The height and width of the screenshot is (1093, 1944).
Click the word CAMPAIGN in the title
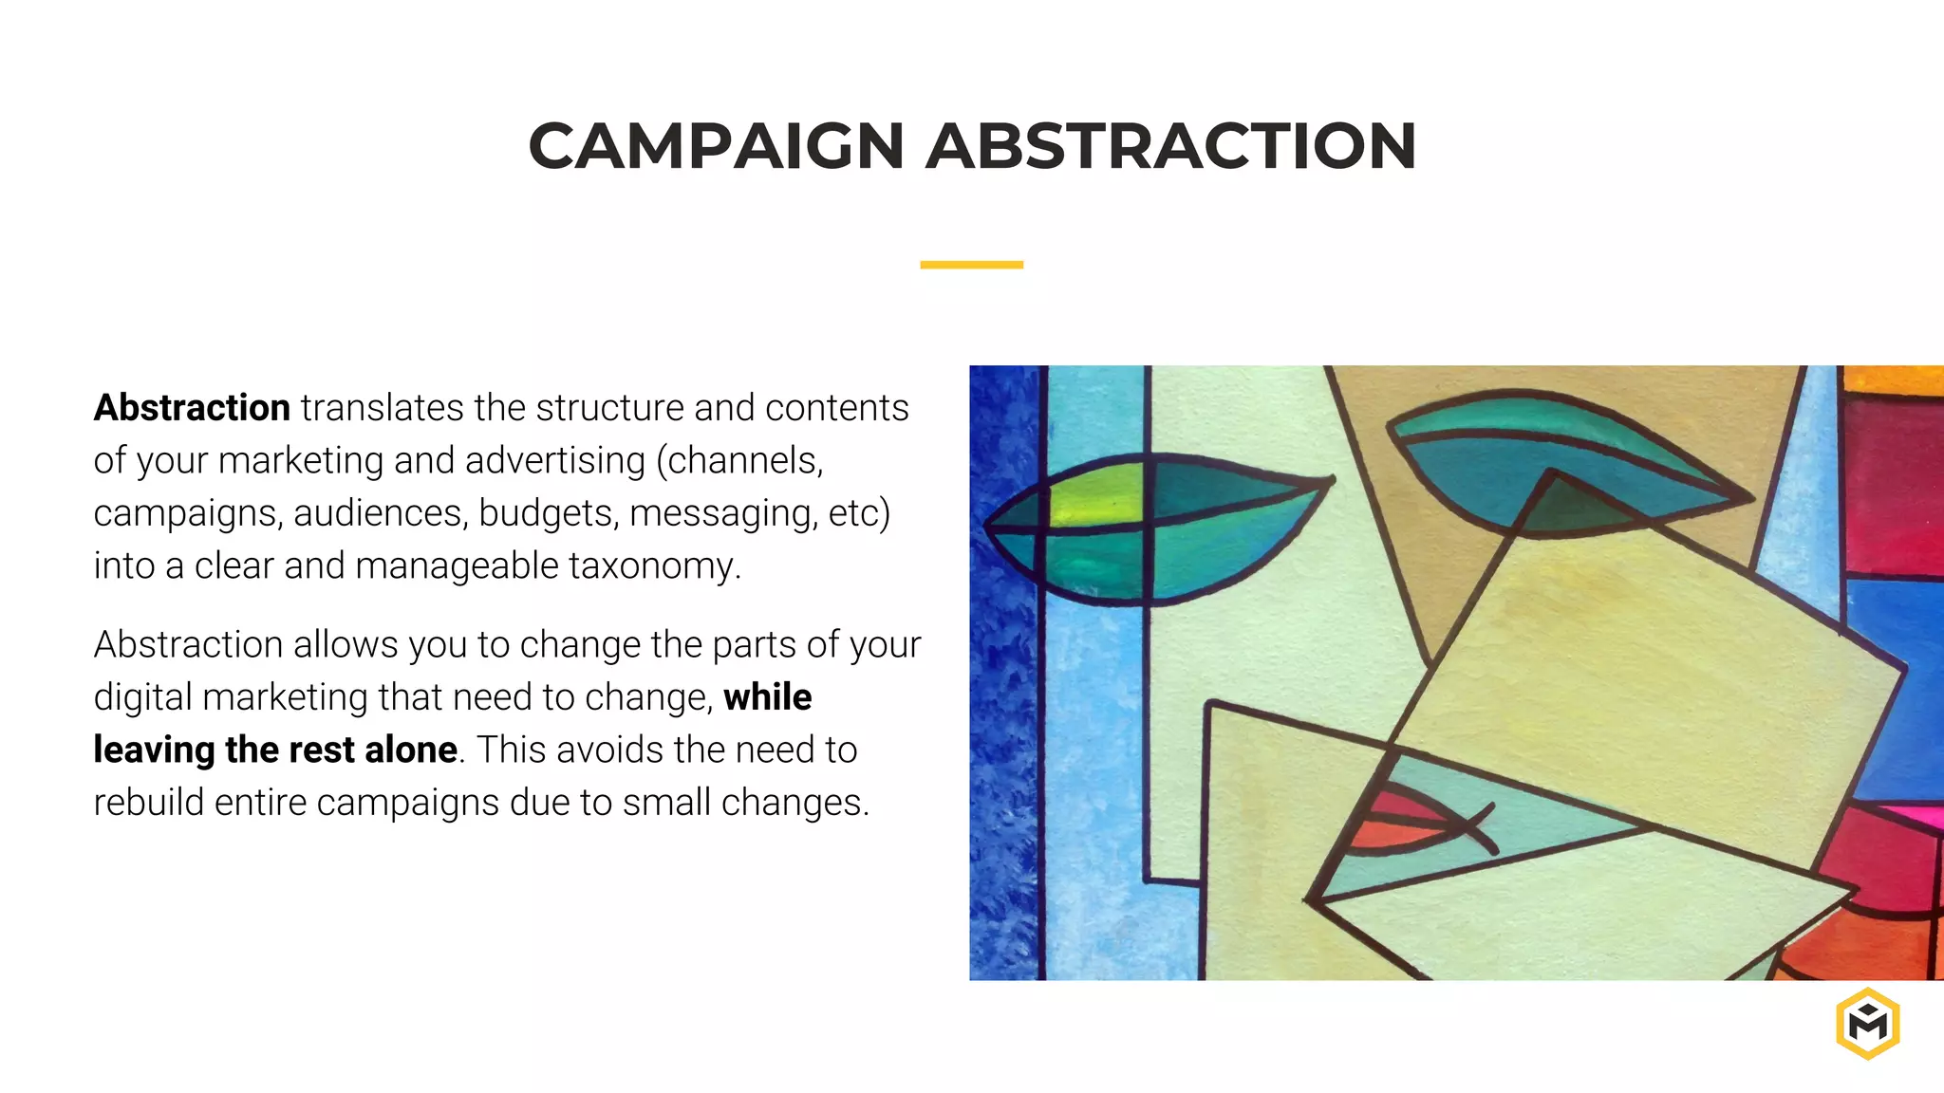point(717,147)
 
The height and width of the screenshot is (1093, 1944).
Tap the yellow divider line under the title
point(971,265)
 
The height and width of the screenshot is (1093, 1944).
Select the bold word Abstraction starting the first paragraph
point(192,408)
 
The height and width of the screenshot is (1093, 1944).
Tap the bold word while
point(767,697)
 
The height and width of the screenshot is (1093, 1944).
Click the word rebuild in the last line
point(148,803)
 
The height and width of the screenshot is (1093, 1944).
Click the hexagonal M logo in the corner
point(1867,1024)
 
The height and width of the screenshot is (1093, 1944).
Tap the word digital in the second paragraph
point(142,697)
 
